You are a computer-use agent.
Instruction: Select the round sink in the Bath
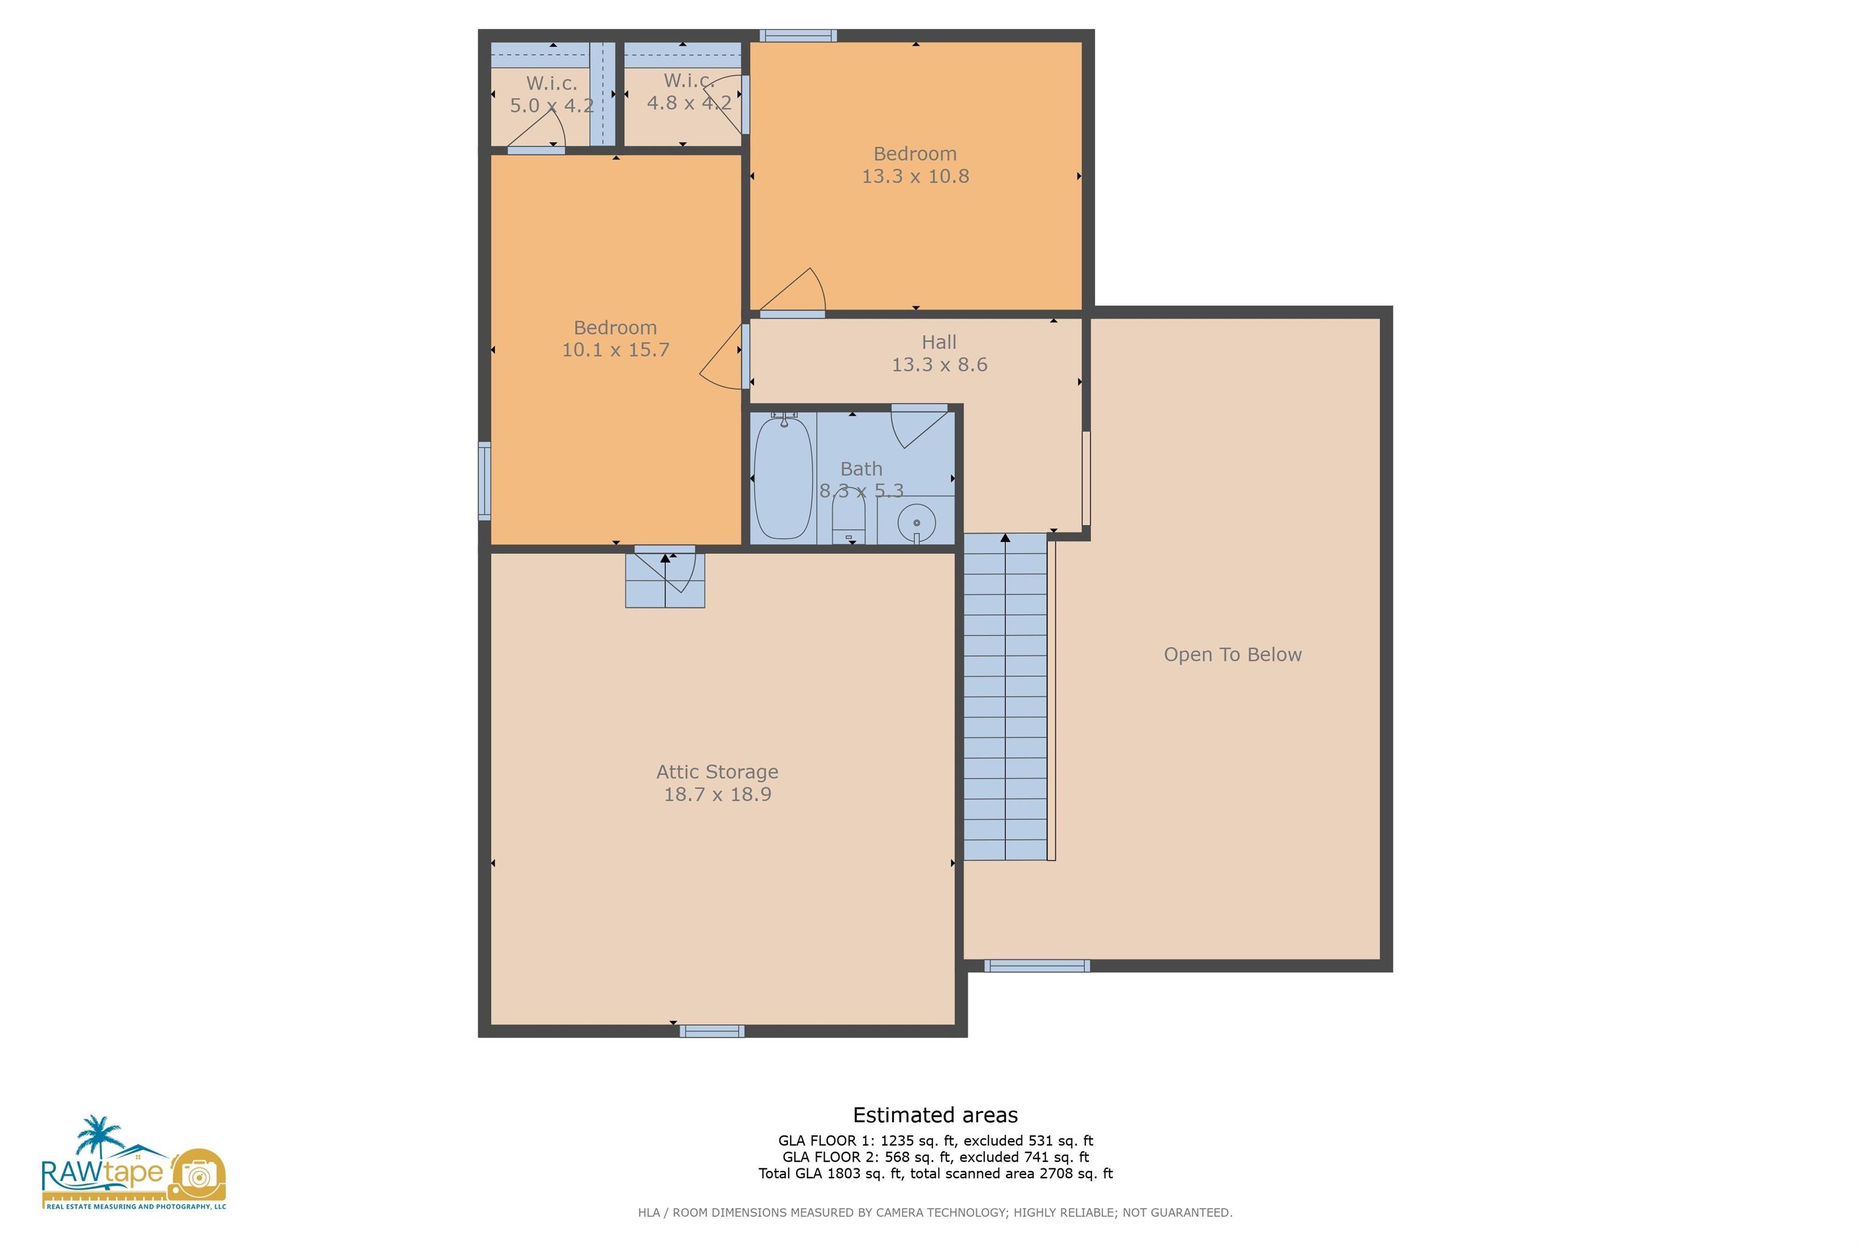[917, 522]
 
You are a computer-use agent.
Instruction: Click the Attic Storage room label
[717, 771]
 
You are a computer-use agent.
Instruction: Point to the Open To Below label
[1232, 655]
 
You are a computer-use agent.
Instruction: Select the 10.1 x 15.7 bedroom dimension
[615, 350]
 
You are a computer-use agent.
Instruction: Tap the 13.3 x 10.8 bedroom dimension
[915, 177]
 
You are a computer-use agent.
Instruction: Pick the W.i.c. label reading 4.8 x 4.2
[689, 102]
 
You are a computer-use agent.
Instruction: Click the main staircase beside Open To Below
[1005, 697]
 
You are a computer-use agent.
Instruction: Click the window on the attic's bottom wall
[712, 1031]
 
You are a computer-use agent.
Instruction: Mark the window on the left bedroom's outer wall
[484, 481]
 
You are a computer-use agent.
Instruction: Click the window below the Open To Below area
[1037, 966]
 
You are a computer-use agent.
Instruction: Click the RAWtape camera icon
[198, 1175]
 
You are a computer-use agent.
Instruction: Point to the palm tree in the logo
[97, 1137]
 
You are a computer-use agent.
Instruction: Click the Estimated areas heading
[935, 1115]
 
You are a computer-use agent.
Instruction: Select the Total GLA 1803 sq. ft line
[935, 1173]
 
